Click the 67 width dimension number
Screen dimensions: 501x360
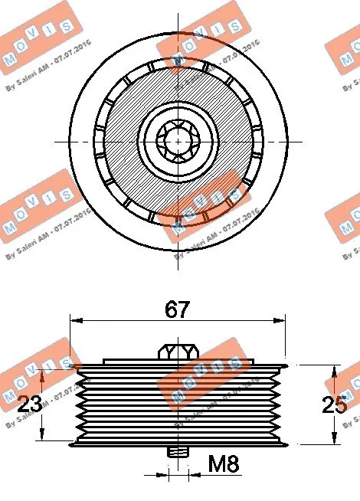point(178,310)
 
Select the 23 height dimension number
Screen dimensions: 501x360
point(30,403)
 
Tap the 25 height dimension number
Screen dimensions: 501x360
point(335,404)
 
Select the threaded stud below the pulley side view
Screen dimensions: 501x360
point(178,453)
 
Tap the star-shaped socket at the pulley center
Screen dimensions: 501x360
point(178,140)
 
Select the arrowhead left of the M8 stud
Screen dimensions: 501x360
point(162,474)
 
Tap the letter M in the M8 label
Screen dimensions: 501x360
point(218,463)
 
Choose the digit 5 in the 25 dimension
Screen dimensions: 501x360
point(342,404)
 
